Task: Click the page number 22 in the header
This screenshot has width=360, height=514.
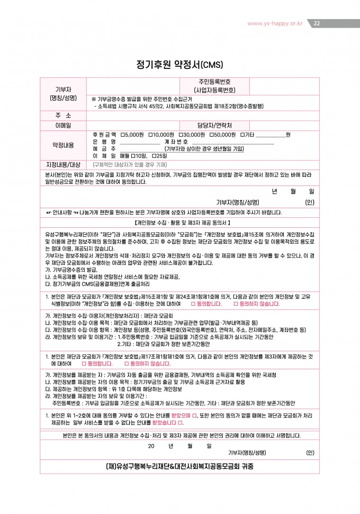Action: (x=317, y=23)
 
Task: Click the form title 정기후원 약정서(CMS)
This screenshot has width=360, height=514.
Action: (x=179, y=65)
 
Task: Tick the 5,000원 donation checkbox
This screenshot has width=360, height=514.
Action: (x=123, y=135)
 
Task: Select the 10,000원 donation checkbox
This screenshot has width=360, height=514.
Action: (x=151, y=135)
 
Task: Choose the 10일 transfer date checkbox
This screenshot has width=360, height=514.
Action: (x=134, y=155)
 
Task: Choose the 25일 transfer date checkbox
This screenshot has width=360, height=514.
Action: (x=153, y=155)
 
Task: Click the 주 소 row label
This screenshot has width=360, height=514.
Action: (x=63, y=115)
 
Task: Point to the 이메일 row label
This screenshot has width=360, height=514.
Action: (x=63, y=125)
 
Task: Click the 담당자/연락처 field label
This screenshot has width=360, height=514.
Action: (x=214, y=125)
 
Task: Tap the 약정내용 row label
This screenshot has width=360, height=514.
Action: (x=63, y=145)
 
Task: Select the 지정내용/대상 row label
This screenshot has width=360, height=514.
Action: (x=63, y=164)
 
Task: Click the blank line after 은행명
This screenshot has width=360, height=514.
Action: (x=140, y=143)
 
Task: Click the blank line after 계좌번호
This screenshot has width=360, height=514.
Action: (x=232, y=143)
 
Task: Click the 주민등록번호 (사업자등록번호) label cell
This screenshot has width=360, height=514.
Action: (x=214, y=86)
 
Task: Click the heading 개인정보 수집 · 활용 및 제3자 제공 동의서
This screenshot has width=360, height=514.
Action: (x=179, y=222)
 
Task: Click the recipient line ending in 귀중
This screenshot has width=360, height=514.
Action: (x=179, y=466)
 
